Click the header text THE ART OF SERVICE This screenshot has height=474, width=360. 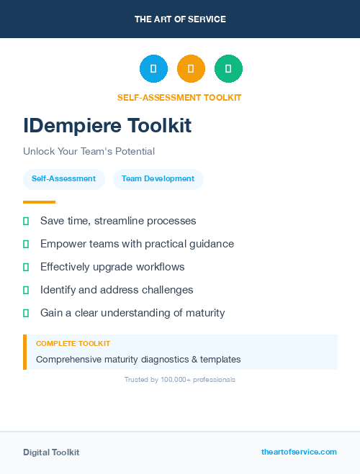tap(180, 19)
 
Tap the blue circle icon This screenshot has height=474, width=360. tap(153, 68)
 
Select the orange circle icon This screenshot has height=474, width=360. tap(191, 68)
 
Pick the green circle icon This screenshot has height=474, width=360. tap(228, 68)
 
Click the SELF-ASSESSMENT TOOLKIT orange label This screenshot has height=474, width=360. tap(179, 98)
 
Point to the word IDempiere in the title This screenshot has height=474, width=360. tap(72, 126)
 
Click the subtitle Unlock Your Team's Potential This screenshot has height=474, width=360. tap(89, 151)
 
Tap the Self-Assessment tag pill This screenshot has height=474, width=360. tap(63, 178)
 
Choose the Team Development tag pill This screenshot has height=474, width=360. tap(158, 178)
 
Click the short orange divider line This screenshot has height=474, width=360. tap(39, 202)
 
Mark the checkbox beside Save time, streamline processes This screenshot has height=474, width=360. tap(26, 222)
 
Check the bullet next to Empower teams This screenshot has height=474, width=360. tap(26, 245)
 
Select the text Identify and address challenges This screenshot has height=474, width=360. tap(117, 290)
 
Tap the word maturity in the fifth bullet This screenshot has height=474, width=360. tap(204, 313)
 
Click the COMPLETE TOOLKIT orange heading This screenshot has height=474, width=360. tap(73, 344)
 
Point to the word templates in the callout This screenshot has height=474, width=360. tap(219, 359)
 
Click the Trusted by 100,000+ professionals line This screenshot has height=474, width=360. tap(180, 379)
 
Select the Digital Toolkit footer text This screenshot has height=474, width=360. tap(51, 452)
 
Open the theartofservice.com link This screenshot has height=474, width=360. tap(299, 452)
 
